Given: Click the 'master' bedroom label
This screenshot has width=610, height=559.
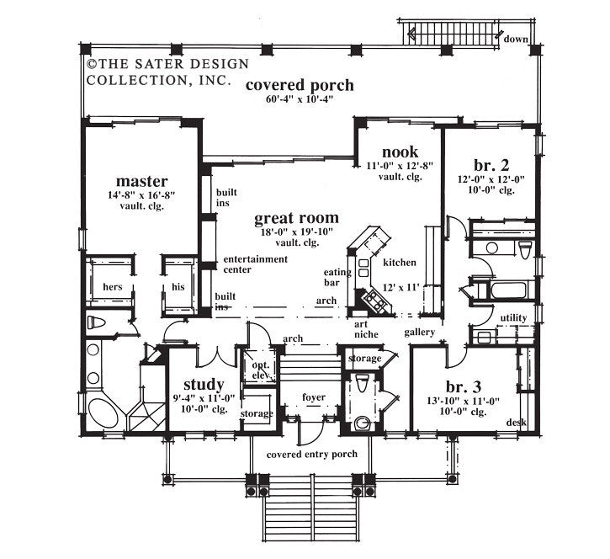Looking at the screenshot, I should [x=142, y=181].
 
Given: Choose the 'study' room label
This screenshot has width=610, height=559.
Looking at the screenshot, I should [x=203, y=385].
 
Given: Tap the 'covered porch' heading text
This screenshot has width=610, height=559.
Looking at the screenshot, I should [x=289, y=85].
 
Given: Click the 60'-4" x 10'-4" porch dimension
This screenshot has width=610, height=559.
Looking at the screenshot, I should [x=289, y=99].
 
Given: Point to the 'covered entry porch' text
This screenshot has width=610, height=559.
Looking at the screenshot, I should [x=311, y=454].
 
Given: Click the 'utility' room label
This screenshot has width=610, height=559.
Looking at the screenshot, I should [x=513, y=317].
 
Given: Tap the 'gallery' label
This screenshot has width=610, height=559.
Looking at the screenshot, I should [x=419, y=333].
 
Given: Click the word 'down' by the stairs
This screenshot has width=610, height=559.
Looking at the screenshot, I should [x=516, y=38].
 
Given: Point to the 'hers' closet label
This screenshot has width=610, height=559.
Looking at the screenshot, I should [x=113, y=286].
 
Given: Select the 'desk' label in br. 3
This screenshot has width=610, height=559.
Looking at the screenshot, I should [x=516, y=421].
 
